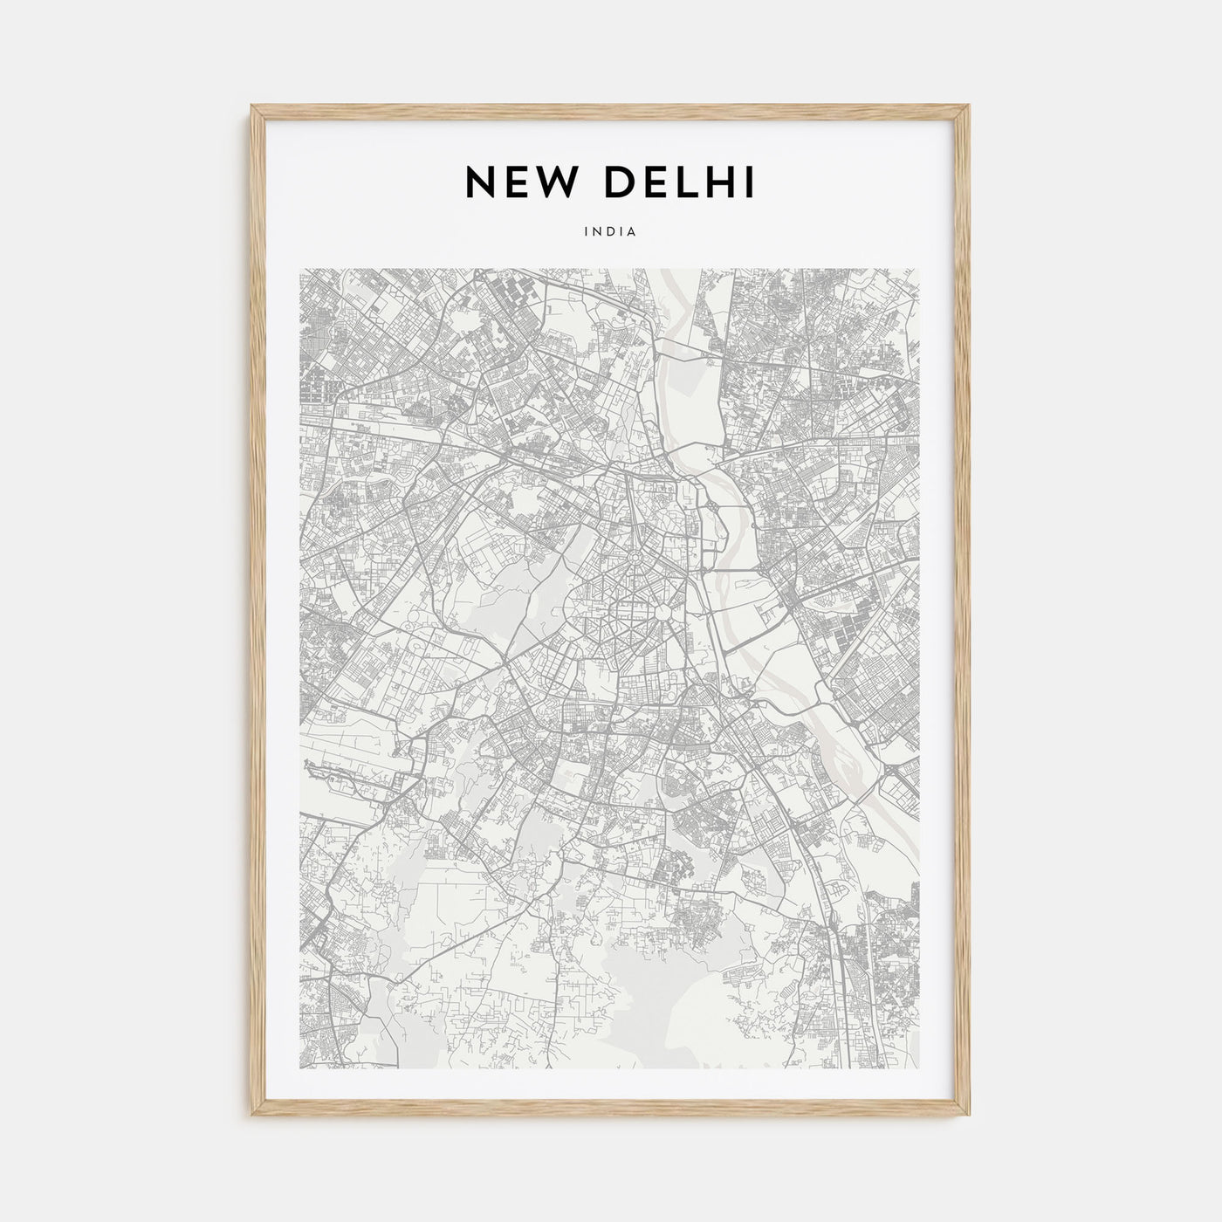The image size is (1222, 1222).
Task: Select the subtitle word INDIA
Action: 611,232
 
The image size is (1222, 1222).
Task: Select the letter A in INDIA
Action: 632,232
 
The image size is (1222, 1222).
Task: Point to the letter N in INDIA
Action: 598,232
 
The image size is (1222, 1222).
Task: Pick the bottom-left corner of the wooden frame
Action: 253,1117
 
